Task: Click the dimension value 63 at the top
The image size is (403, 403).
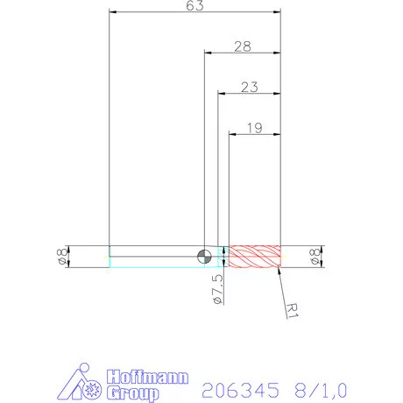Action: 194,6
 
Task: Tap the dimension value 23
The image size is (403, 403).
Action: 248,87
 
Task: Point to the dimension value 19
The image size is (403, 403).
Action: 254,127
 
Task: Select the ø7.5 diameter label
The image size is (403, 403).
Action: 217,288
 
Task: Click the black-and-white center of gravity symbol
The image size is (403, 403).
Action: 204,256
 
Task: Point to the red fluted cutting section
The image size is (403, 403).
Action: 254,256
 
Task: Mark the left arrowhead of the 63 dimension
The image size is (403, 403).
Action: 113,12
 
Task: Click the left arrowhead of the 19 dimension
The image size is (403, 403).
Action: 233,134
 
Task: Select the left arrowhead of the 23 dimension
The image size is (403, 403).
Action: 221,94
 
